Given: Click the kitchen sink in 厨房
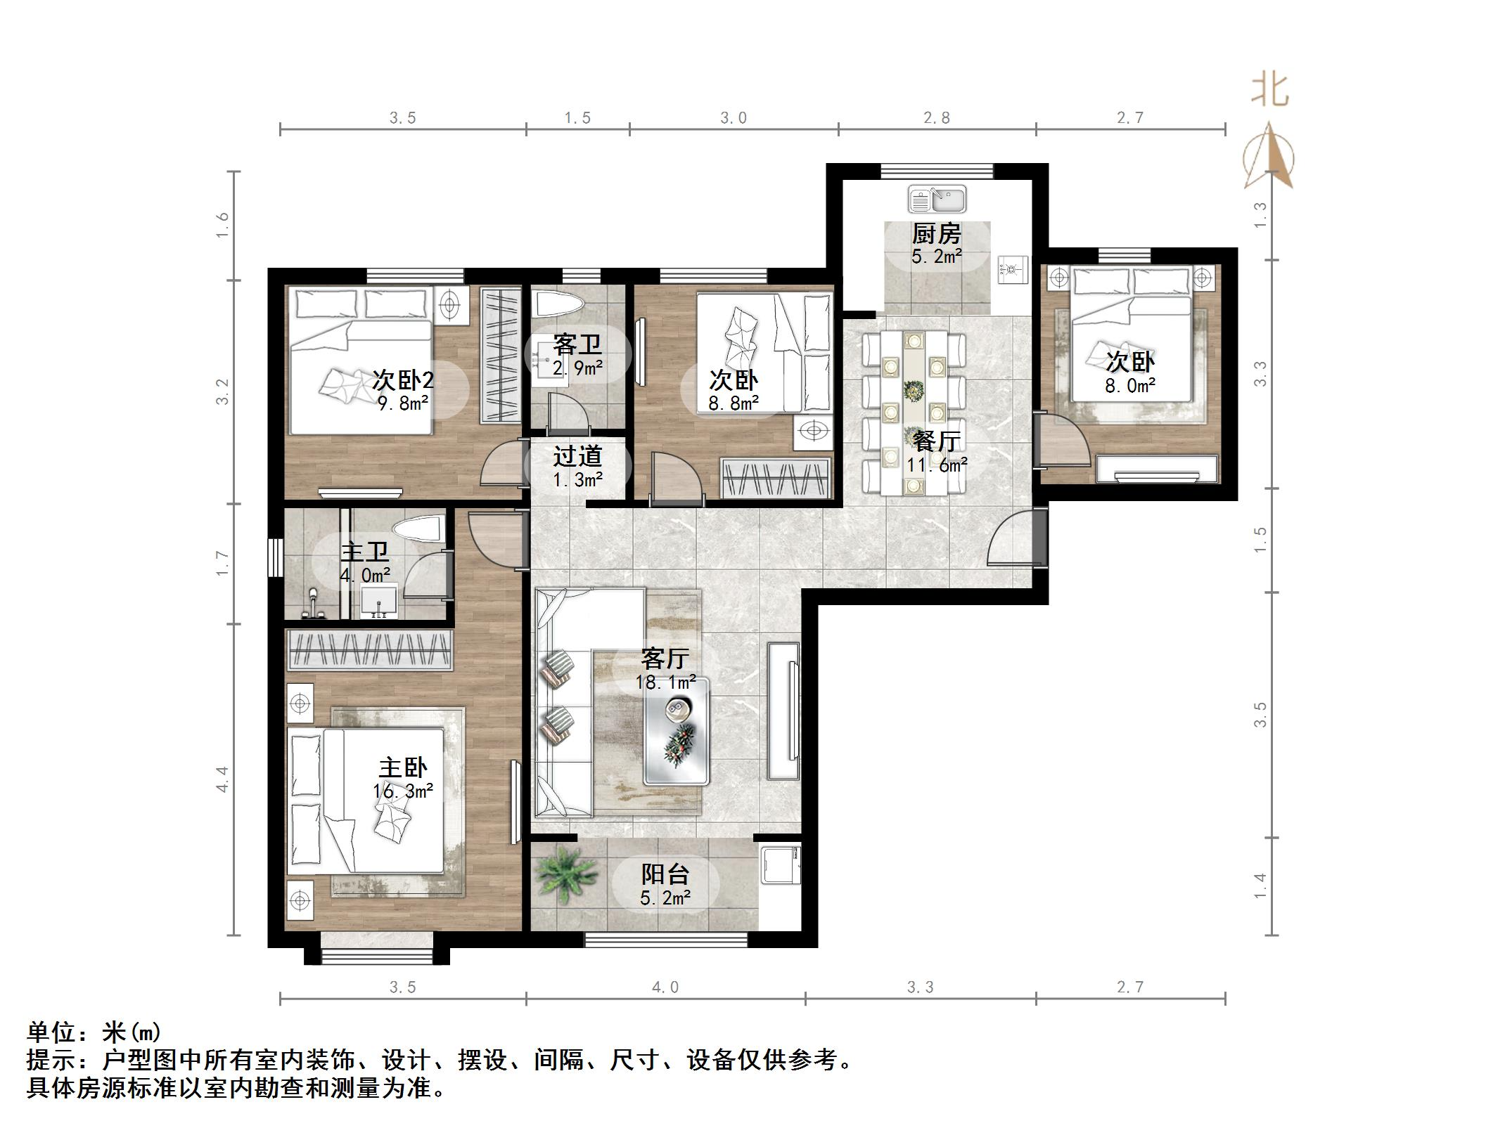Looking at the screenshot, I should (937, 200).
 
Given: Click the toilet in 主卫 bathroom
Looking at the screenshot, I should (419, 529).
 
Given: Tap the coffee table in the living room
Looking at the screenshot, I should (677, 730).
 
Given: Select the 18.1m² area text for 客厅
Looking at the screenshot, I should (665, 682).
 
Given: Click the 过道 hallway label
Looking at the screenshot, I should (577, 457).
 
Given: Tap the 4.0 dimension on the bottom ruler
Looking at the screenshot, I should (665, 987).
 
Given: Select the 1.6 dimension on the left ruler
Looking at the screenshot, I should (223, 226).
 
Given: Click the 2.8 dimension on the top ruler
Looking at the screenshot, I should (936, 118).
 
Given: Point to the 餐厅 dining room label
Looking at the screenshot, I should (936, 441).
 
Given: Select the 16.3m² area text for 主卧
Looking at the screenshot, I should (403, 791).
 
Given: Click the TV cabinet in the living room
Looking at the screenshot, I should (783, 711).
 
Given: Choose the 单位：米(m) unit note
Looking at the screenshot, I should (94, 1032).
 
